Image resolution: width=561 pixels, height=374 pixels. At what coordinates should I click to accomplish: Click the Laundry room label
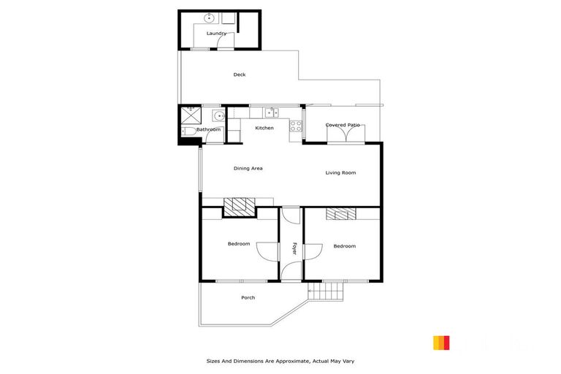(x=216, y=34)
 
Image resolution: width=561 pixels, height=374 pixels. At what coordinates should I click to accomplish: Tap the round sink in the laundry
(x=210, y=17)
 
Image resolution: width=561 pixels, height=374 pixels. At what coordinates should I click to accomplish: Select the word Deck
(x=239, y=75)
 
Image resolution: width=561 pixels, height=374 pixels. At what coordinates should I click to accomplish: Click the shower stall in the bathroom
(x=191, y=115)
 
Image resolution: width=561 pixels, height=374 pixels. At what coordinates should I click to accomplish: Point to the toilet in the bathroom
(x=188, y=131)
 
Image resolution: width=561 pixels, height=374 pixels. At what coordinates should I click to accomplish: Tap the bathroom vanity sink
(x=217, y=115)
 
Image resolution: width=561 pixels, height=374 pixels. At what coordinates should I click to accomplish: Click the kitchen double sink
(x=272, y=112)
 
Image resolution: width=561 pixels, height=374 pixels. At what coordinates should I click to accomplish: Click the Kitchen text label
(x=264, y=128)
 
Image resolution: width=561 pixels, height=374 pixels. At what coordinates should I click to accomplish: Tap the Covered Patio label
(x=343, y=125)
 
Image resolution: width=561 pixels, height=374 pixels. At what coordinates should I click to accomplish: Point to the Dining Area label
(x=248, y=169)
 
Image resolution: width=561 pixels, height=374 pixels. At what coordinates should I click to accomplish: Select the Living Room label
(x=340, y=172)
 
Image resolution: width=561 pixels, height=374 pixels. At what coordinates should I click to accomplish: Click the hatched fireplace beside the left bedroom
(x=240, y=207)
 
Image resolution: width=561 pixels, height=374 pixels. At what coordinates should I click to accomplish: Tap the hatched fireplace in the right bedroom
(x=340, y=214)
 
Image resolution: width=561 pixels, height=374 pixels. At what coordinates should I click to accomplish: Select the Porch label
(x=248, y=297)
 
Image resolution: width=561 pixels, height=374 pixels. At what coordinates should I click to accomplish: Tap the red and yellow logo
(x=441, y=343)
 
